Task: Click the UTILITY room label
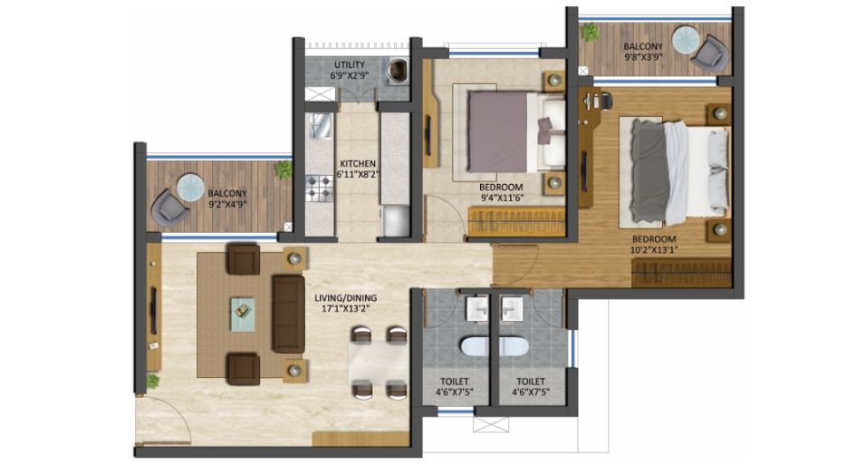click(349, 64)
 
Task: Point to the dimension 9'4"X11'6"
click(501, 198)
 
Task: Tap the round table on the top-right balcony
click(685, 44)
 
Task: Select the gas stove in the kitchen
click(320, 189)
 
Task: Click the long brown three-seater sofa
click(288, 314)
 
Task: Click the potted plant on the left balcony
click(284, 170)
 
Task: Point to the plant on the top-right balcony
click(590, 32)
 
